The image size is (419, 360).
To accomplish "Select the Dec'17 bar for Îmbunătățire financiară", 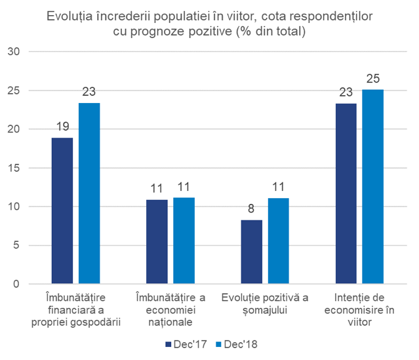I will tap(62, 211).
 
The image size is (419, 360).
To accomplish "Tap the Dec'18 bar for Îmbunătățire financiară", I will tap(89, 193).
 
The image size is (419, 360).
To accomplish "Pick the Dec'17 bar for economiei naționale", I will tap(157, 242).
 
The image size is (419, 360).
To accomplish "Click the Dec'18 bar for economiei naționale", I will tap(184, 241).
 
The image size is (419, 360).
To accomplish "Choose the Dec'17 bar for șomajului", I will tap(251, 252).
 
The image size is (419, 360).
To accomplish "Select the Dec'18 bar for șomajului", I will tap(278, 241).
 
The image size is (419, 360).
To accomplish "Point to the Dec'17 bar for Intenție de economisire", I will tap(346, 194).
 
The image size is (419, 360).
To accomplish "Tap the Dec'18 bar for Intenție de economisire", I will tap(373, 187).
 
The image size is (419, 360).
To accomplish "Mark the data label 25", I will tap(373, 79).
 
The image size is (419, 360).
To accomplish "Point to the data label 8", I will tap(251, 210).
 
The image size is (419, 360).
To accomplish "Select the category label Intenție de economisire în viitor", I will tap(359, 310).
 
